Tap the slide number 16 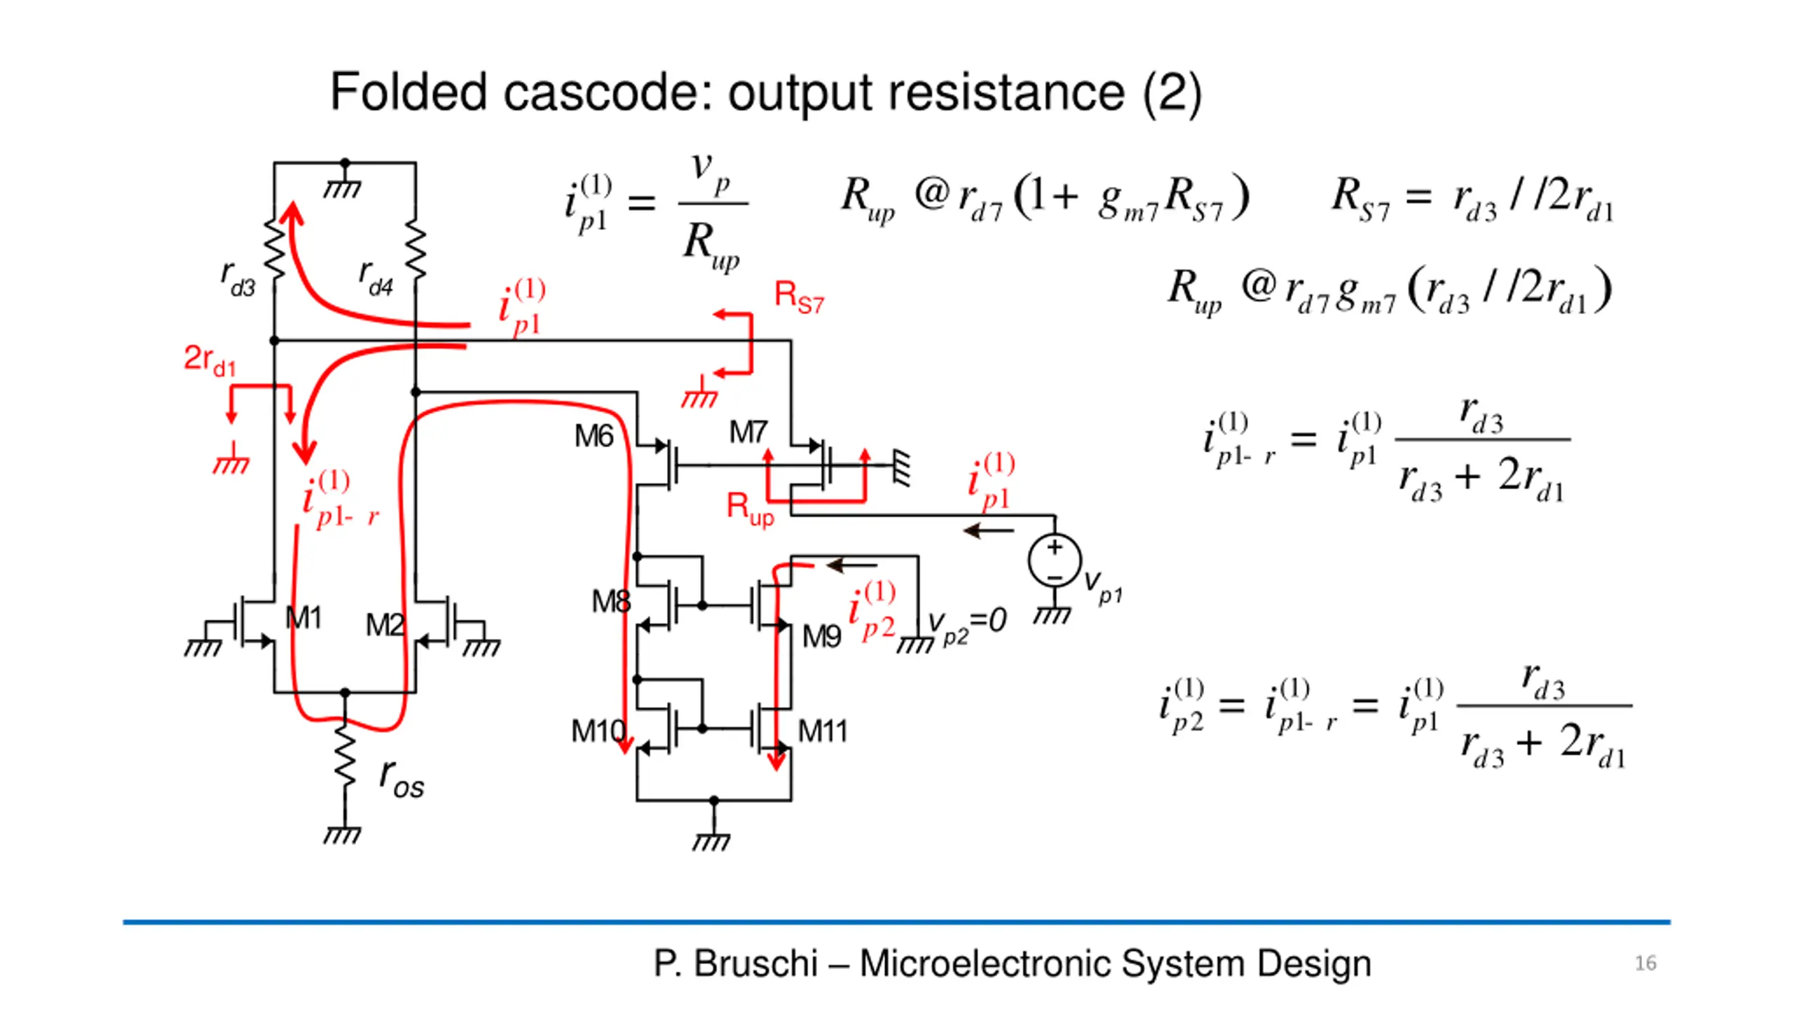pyautogui.click(x=1645, y=963)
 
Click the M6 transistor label pyautogui.click(x=593, y=437)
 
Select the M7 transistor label pyautogui.click(x=748, y=432)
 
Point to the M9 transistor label pyautogui.click(x=821, y=637)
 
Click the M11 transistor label pyautogui.click(x=823, y=732)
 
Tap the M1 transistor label pyautogui.click(x=303, y=618)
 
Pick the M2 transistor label pyautogui.click(x=385, y=624)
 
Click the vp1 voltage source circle pyautogui.click(x=1055, y=561)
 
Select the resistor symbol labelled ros pyautogui.click(x=345, y=760)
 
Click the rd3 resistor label pyautogui.click(x=238, y=279)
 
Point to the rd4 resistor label pyautogui.click(x=376, y=279)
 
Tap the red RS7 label pyautogui.click(x=799, y=297)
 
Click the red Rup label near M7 pyautogui.click(x=750, y=508)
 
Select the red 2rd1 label pyautogui.click(x=210, y=360)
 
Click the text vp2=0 pyautogui.click(x=967, y=623)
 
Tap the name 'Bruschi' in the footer pyautogui.click(x=755, y=963)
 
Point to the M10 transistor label pyautogui.click(x=597, y=732)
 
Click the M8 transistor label pyautogui.click(x=610, y=601)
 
